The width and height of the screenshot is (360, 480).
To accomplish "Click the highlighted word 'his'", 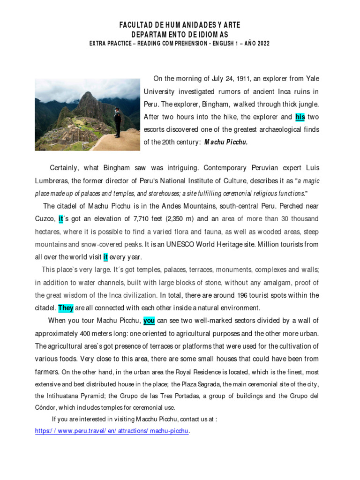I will point(300,117).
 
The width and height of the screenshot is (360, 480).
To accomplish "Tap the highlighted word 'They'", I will point(66,308).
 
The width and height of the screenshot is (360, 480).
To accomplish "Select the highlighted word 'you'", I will point(149,321).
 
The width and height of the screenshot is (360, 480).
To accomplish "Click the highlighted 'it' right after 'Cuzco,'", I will point(60,219).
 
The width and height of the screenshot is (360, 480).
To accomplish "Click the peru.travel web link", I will point(112,431).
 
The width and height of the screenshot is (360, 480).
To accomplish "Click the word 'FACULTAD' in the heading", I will point(140,25).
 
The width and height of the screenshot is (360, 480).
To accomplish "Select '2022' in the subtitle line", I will point(261,44).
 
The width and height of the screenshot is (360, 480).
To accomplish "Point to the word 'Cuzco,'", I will point(45,219).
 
